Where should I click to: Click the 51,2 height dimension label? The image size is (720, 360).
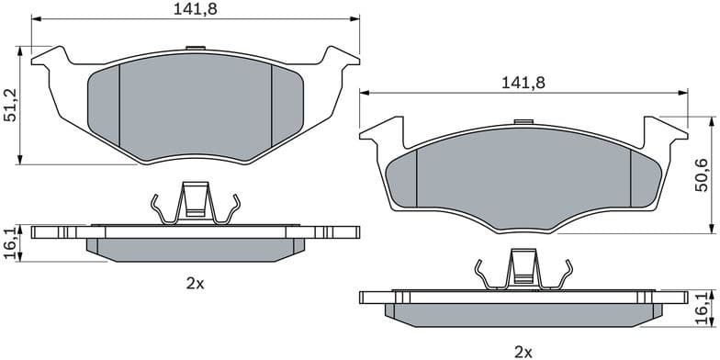[10, 107]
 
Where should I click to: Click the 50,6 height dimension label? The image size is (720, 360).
[703, 175]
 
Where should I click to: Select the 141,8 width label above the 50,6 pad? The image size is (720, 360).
[523, 82]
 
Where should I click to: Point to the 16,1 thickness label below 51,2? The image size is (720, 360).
[10, 244]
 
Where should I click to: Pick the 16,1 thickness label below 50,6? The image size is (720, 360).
[703, 309]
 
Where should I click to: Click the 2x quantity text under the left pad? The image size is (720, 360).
[195, 285]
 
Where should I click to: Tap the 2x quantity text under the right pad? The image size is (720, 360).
[523, 351]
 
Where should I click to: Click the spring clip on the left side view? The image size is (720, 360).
[195, 203]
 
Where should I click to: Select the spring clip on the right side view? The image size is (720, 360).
[523, 273]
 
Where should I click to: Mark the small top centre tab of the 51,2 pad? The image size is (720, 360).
[195, 48]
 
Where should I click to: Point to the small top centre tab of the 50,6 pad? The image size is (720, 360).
[523, 120]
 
